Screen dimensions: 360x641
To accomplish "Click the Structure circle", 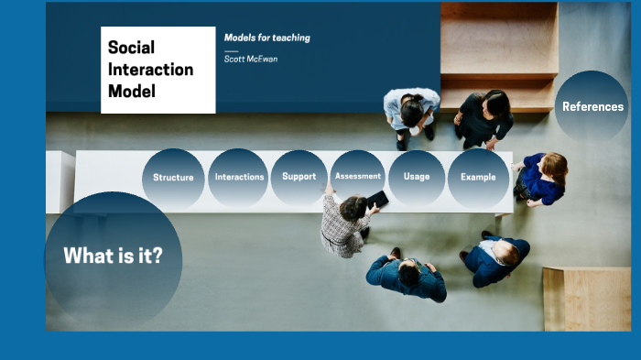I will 173,178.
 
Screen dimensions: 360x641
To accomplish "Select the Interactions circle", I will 239,177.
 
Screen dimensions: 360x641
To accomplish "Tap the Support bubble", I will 299,177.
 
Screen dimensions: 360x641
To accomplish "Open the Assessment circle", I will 358,176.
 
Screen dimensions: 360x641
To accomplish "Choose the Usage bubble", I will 417,177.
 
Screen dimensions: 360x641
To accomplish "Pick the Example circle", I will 478,177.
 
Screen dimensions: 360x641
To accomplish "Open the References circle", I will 592,107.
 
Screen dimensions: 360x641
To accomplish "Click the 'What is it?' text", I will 113,256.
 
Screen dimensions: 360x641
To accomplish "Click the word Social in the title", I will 131,47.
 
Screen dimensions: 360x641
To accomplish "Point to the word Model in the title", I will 132,92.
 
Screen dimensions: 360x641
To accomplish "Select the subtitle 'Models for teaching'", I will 267,38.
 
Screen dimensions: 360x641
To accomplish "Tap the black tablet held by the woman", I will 377,199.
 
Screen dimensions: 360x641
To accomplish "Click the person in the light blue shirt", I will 409,112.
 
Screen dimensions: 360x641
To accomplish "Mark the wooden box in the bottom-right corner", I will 586,299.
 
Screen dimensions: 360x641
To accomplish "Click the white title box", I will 158,70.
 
